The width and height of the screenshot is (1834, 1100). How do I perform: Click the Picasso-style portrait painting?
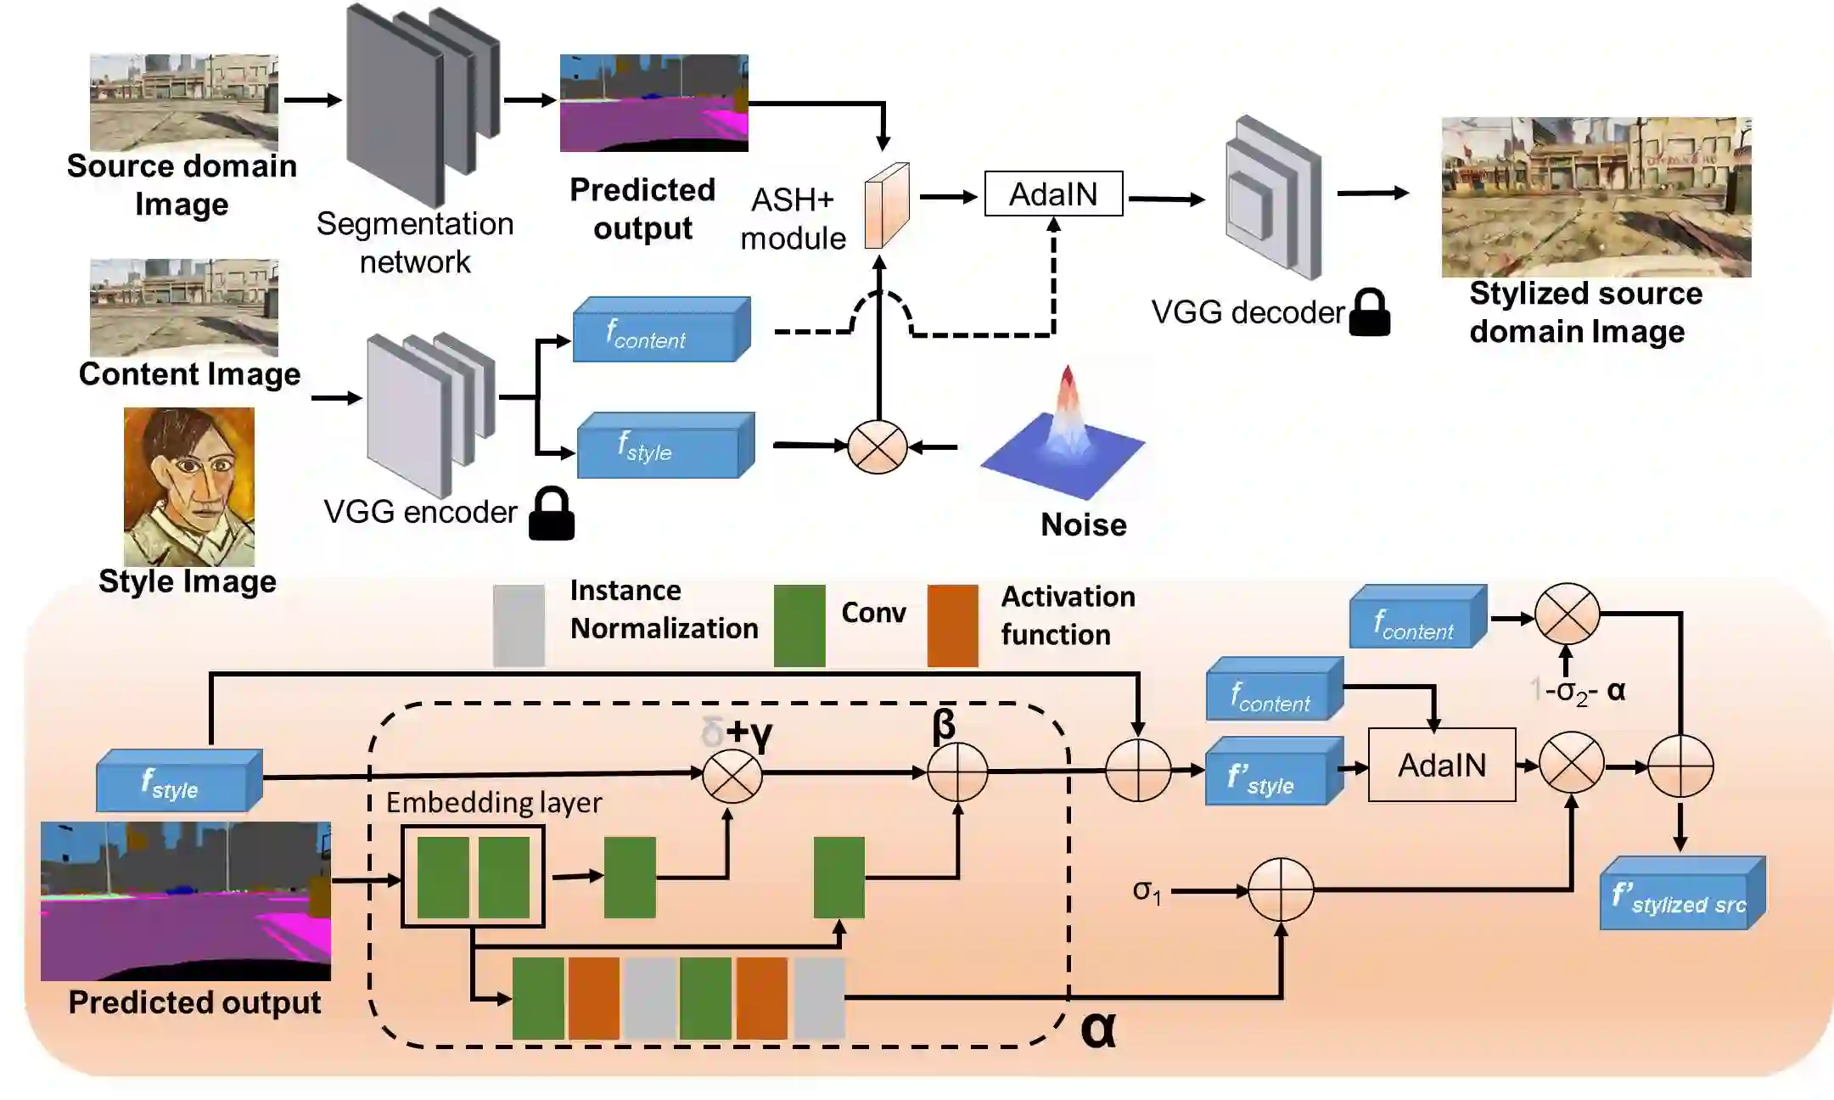188,486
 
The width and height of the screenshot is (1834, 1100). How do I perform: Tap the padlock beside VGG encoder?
552,514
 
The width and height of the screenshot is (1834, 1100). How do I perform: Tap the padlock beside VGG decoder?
1370,312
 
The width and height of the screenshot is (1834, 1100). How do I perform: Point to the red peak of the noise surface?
1068,379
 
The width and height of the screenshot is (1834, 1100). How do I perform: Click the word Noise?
1084,525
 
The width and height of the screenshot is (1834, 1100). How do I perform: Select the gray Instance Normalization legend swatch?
519,626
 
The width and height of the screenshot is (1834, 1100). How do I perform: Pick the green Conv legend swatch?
799,626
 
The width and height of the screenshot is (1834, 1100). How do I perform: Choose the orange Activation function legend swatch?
952,626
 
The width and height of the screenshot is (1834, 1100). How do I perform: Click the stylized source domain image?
1596,197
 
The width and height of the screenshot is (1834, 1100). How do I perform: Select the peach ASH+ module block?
886,205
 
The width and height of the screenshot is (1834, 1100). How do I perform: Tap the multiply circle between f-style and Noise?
878,446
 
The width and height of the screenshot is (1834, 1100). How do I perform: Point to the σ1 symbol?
1147,891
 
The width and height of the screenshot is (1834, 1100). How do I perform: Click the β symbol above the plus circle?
944,724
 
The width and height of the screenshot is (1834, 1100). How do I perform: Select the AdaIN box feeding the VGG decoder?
1053,194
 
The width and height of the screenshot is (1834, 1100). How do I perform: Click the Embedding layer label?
494,802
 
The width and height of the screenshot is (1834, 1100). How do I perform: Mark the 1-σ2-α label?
1579,692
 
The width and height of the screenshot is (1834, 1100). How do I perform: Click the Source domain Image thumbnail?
184,103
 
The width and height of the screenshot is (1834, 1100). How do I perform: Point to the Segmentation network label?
415,243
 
